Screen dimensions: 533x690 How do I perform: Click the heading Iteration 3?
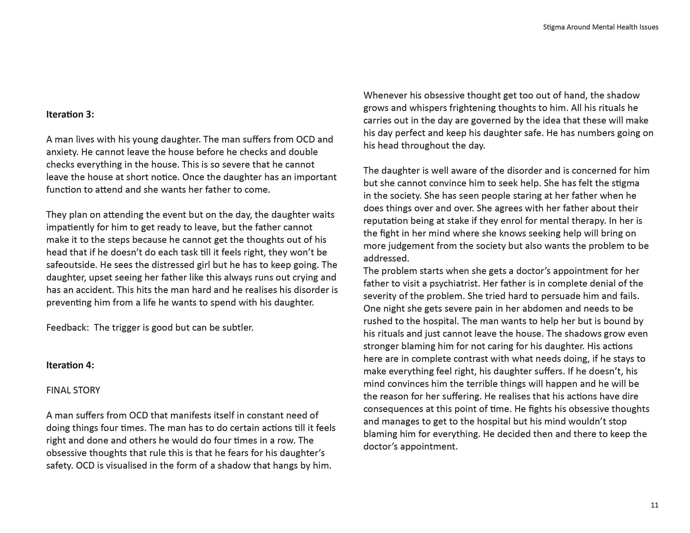(x=70, y=115)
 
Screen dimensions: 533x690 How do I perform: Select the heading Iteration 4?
(x=70, y=365)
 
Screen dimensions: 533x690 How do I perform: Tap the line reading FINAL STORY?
(x=73, y=390)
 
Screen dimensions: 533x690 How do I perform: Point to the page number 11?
(x=654, y=505)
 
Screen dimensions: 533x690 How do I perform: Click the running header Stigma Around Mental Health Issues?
(x=600, y=27)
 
